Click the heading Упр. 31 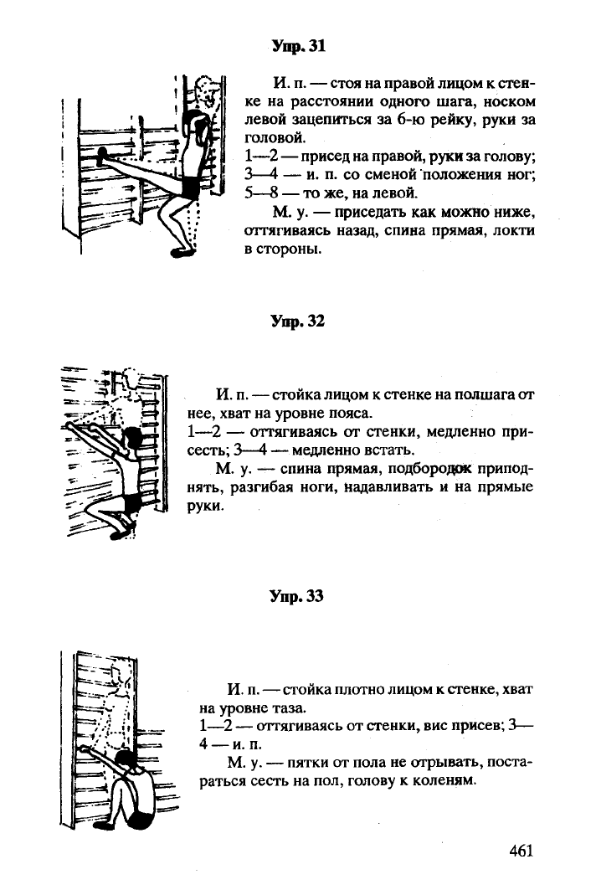click(x=298, y=46)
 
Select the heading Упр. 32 click(x=297, y=321)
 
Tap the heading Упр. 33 click(x=297, y=596)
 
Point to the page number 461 click(x=521, y=851)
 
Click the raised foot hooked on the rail click(x=101, y=154)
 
